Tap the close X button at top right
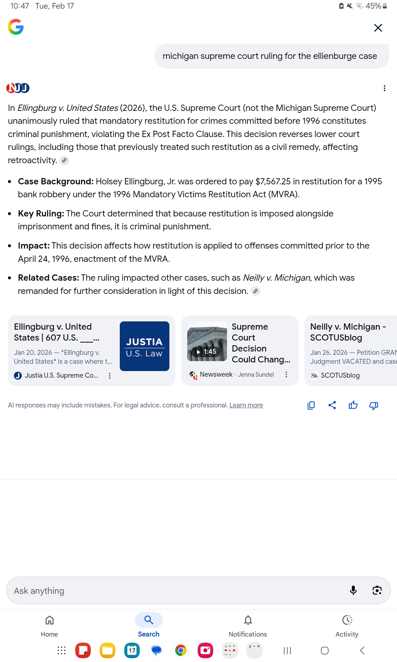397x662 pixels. tap(378, 28)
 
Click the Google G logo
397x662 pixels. tap(16, 27)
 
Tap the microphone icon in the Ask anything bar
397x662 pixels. tap(353, 590)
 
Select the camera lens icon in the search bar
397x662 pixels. tap(377, 590)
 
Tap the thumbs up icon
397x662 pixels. tap(353, 405)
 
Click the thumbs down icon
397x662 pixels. tap(374, 405)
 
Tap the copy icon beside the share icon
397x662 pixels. tap(311, 405)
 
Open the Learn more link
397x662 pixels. tap(246, 405)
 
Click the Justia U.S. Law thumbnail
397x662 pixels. tap(144, 346)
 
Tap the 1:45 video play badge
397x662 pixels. tap(206, 352)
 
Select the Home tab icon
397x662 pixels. tap(50, 620)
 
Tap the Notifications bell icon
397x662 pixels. tap(248, 620)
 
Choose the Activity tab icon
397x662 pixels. tap(347, 620)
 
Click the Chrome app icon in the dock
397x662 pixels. tap(181, 650)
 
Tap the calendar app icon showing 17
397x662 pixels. tap(132, 650)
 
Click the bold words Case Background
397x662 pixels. tap(56, 181)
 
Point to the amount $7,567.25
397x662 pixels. tap(273, 181)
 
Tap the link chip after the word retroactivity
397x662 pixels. tap(64, 161)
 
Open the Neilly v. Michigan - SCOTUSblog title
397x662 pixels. tap(347, 332)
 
